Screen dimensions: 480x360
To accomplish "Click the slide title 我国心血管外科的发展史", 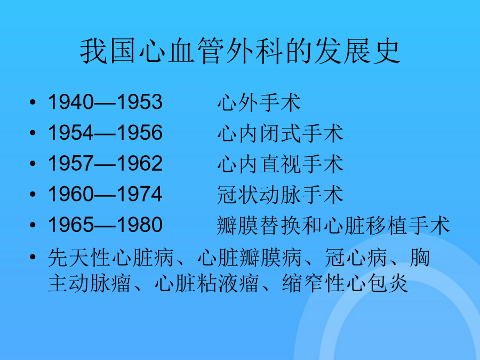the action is click(241, 51).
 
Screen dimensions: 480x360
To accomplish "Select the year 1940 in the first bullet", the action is click(71, 102).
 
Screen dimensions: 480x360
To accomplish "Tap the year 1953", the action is click(140, 102).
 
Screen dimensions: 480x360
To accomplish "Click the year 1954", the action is click(71, 133).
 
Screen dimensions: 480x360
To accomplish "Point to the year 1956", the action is click(140, 133).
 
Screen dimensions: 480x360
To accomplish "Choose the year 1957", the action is click(71, 163).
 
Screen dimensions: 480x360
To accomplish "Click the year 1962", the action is click(140, 163).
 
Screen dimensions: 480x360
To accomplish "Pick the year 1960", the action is click(71, 194).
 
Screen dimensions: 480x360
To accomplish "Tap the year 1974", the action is click(140, 194).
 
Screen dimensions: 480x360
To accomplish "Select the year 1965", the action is click(71, 225).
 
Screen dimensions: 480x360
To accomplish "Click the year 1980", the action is click(140, 225).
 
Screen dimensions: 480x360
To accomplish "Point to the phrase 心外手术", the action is click(259, 102).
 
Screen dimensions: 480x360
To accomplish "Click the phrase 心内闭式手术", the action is click(281, 133).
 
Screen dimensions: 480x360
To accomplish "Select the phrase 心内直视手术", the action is click(281, 164).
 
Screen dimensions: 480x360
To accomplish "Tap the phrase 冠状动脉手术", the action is click(280, 195).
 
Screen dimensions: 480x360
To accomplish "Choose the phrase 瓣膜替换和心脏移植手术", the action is click(333, 226).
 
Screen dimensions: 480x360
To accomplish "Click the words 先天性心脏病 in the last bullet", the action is click(111, 258).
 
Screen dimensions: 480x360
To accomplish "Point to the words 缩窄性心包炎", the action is click(345, 283).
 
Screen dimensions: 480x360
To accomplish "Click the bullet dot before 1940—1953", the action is click(33, 102).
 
